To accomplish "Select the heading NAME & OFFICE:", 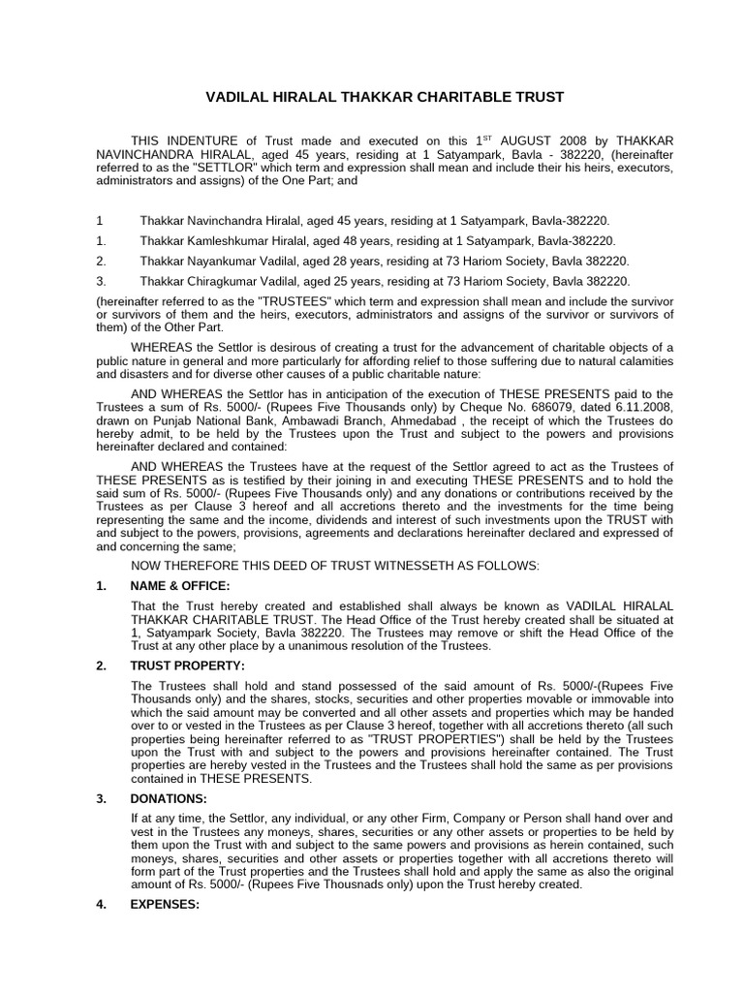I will [180, 587].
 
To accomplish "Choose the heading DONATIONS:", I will [169, 799].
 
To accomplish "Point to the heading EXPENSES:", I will [165, 905].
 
